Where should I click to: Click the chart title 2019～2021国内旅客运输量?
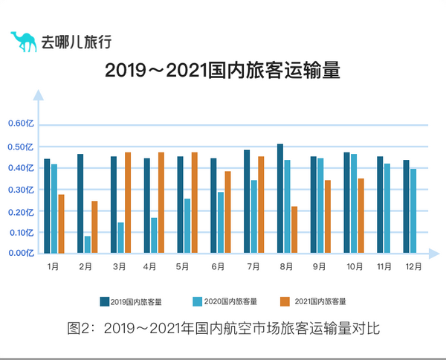222,71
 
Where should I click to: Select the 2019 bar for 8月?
280,198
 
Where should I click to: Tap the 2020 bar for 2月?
88,244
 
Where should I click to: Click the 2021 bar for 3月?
128,202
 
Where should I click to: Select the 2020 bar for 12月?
413,210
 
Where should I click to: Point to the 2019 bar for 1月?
47,205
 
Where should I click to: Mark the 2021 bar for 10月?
361,215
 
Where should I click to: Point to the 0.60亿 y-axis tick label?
21,124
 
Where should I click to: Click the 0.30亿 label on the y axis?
21,190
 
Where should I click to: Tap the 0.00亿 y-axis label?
21,253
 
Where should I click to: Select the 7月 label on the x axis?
253,266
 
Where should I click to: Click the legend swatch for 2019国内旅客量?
105,301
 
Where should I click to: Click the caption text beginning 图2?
223,328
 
